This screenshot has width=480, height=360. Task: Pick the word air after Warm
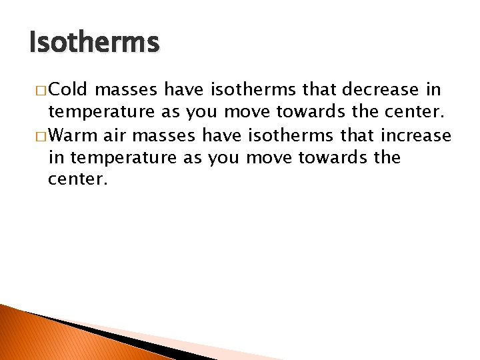pyautogui.click(x=113, y=137)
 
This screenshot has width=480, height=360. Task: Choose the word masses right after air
pyautogui.click(x=164, y=137)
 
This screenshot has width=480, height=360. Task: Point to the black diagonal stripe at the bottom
pyautogui.click(x=100, y=333)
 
